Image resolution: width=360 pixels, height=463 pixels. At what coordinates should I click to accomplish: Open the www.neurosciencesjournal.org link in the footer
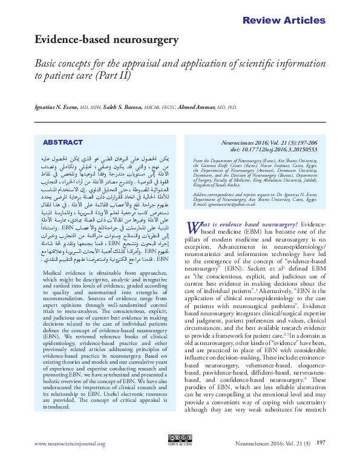click(70, 444)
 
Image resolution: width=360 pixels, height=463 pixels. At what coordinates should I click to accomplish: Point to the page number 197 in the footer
click(321, 443)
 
